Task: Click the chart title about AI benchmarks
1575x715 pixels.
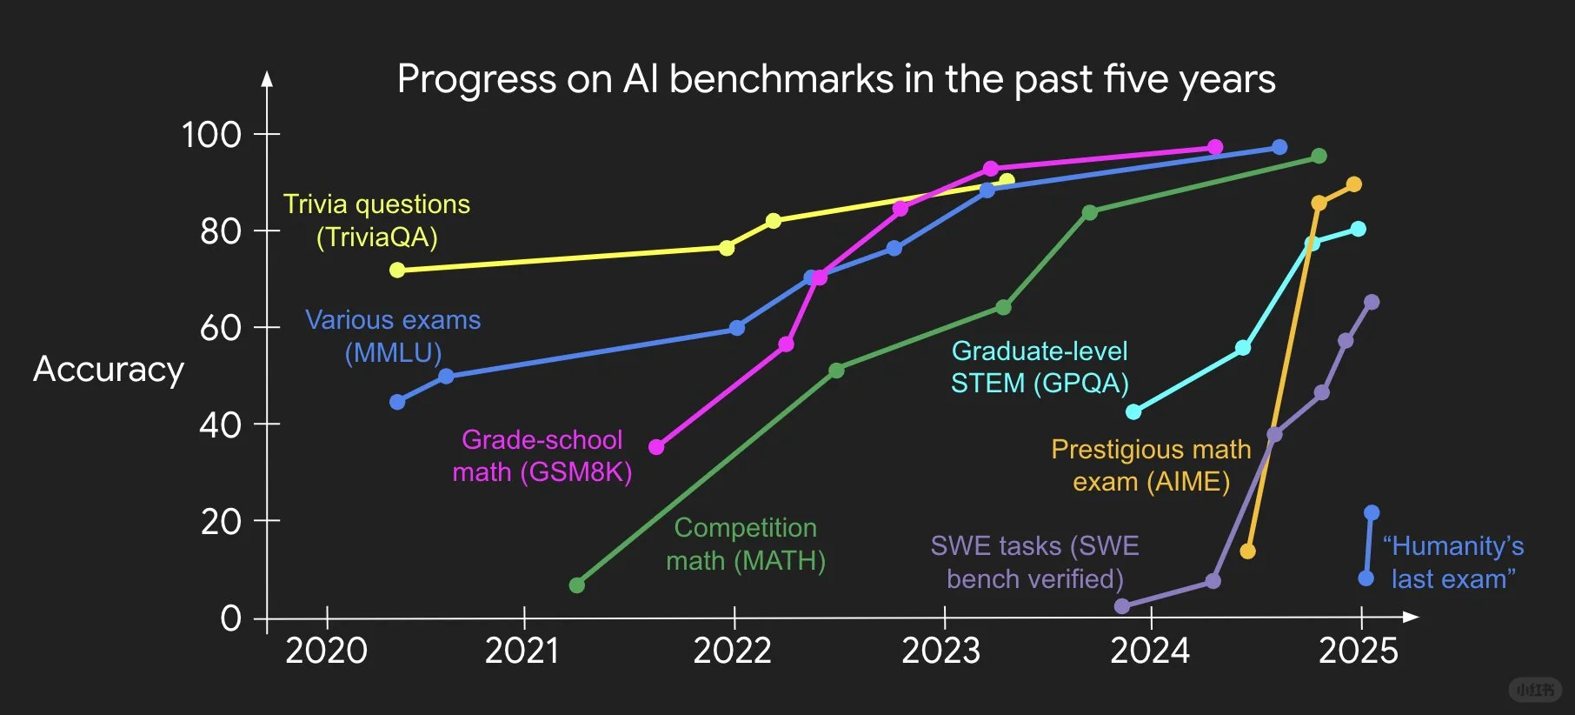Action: tap(836, 79)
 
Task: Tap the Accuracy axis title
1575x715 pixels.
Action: tap(109, 370)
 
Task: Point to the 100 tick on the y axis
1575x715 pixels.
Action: tap(211, 135)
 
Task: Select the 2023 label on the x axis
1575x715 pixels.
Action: tap(940, 651)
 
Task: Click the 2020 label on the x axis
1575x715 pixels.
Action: tap(327, 651)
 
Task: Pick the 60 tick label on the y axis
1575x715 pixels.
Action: tap(221, 328)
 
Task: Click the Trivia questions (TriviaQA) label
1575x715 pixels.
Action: tap(376, 220)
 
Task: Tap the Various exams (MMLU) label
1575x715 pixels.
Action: tap(393, 336)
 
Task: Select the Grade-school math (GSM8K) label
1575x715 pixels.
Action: tap(542, 456)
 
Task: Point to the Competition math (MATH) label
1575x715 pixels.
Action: tap(746, 544)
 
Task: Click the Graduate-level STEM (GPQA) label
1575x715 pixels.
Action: tap(1040, 366)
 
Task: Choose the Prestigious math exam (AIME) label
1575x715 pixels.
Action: tap(1151, 465)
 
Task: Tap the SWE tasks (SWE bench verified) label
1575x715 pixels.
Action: tap(1034, 562)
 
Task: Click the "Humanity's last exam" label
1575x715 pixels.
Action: tap(1453, 562)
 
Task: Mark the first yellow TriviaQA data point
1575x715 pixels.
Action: tap(397, 270)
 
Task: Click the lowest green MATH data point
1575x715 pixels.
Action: tap(576, 585)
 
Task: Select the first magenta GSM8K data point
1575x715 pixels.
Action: tap(656, 447)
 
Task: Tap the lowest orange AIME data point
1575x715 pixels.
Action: tap(1247, 551)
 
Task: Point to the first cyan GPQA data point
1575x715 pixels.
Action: tap(1133, 411)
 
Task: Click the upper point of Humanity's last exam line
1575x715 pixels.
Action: tap(1372, 512)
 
